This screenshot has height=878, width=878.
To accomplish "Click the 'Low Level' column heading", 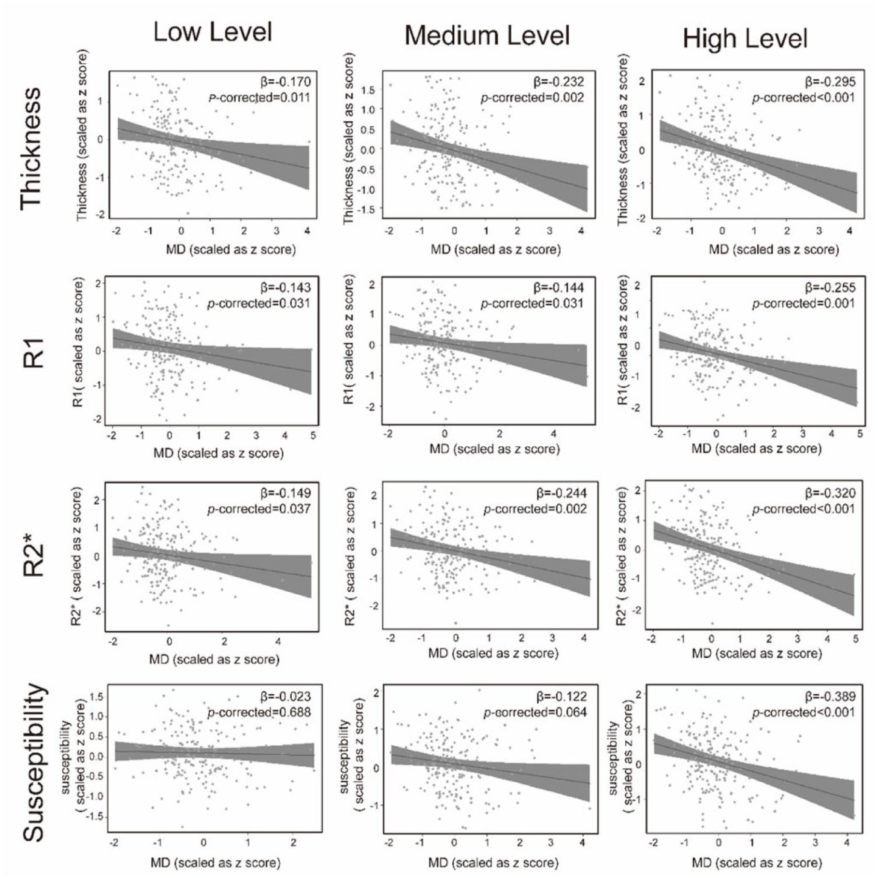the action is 213,32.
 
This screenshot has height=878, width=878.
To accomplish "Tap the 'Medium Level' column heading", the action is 487,35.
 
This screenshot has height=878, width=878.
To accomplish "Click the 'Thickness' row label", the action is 31,148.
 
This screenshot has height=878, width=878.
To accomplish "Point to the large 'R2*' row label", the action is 34,559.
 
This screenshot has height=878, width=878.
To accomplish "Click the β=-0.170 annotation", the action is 285,81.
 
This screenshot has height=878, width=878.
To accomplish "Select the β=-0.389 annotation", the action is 830,697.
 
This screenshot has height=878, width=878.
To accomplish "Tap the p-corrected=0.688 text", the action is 259,713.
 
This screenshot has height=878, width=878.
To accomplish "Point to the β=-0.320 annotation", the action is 830,493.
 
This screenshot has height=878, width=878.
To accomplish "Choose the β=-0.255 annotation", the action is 830,288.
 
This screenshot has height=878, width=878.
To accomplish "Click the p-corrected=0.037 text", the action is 259,509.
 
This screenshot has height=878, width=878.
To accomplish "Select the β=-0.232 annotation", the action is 559,82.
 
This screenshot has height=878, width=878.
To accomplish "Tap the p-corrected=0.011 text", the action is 259,98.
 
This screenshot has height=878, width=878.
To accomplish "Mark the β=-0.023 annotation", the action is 286,697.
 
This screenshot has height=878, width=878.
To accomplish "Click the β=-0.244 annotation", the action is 561,493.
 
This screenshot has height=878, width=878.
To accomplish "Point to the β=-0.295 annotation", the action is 830,82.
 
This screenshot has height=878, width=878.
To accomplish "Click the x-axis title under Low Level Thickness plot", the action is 231,249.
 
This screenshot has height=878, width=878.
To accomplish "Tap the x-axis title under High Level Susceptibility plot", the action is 757,863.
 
